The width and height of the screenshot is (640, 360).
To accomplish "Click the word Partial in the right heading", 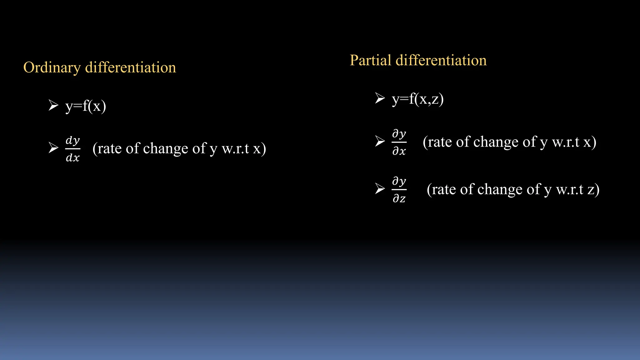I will tap(370, 60).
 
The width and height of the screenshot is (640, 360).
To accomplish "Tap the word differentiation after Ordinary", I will tap(131, 67).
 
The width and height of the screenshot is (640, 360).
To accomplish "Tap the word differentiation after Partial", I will tap(441, 60).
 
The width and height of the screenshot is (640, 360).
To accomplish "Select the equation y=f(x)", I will tap(86, 106).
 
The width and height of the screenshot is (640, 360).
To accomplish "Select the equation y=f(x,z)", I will tap(418, 99).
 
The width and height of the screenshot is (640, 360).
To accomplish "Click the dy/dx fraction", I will tap(73, 149).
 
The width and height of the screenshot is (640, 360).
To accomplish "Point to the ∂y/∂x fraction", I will tap(399, 142).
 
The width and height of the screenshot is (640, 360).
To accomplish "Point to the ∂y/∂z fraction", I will tap(399, 189).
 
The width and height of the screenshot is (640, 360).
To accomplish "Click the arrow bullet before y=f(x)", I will tap(53, 105).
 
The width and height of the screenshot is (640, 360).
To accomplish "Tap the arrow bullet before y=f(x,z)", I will tap(380, 98).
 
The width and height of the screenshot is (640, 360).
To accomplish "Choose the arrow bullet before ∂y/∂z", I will tap(380, 188).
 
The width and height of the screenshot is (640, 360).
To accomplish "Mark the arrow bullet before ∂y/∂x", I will tap(380, 141).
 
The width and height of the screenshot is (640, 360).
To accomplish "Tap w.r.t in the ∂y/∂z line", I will tap(570, 189).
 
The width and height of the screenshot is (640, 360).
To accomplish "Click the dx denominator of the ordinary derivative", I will tap(73, 157).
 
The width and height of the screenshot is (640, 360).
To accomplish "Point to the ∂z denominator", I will tap(399, 198).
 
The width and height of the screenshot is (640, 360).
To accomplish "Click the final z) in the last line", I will tap(593, 189).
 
